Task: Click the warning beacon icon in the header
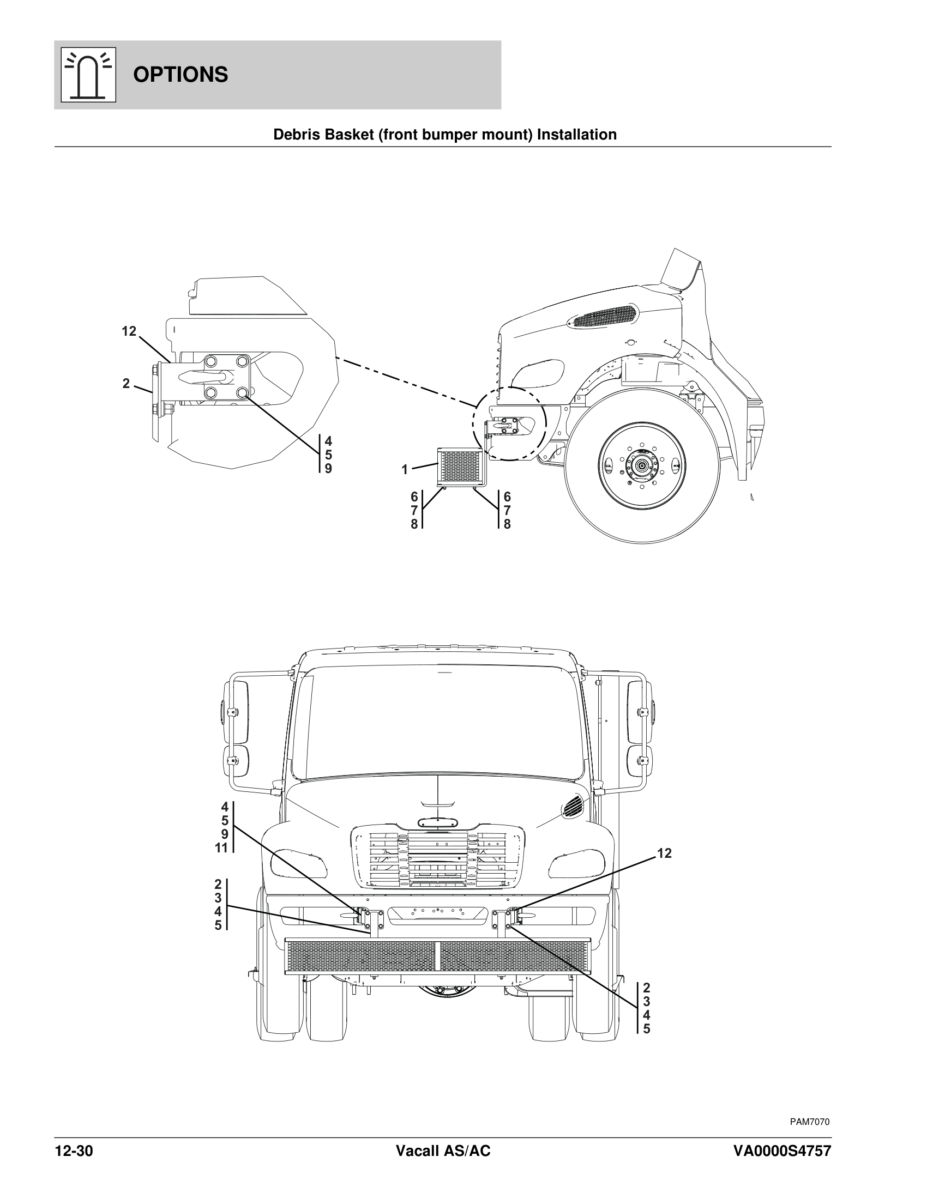pyautogui.click(x=88, y=75)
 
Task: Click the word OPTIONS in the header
pyautogui.click(x=180, y=75)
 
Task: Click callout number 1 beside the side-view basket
pyautogui.click(x=405, y=470)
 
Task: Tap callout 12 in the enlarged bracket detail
pyautogui.click(x=129, y=331)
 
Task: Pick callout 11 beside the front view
pyautogui.click(x=221, y=848)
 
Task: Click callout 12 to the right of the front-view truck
pyautogui.click(x=664, y=853)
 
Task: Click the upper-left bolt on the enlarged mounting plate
pyautogui.click(x=210, y=362)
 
